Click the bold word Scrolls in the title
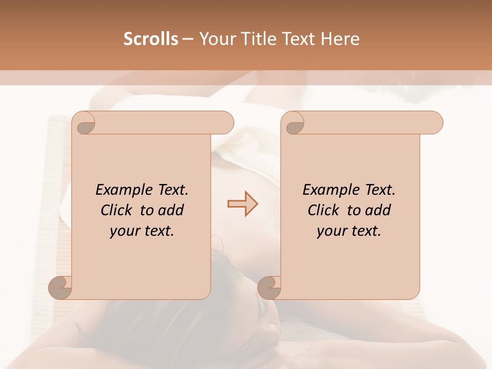(x=151, y=39)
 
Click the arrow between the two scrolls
(x=242, y=204)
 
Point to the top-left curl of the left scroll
(x=84, y=122)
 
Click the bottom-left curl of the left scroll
(x=60, y=288)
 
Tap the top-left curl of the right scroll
(x=293, y=122)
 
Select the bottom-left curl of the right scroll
(x=269, y=288)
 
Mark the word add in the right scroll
(x=378, y=210)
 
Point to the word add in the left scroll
(x=171, y=210)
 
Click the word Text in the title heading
(x=302, y=39)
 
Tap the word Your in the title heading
(x=217, y=39)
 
